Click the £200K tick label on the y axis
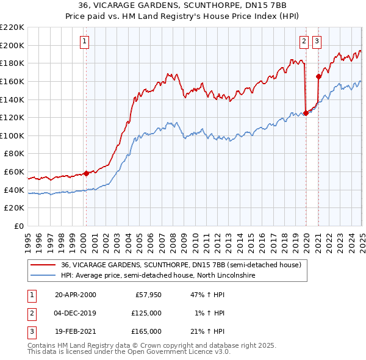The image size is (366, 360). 13,45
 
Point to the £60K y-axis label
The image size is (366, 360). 15,172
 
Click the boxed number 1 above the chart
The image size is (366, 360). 85,41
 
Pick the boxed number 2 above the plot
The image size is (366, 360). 304,41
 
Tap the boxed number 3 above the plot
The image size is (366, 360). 317,41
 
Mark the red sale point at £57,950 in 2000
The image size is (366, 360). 86,173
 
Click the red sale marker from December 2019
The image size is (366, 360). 305,112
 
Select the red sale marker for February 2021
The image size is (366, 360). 318,76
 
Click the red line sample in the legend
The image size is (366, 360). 43,265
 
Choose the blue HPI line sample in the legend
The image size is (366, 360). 43,276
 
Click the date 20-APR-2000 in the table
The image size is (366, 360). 76,295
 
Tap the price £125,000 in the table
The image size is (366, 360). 147,313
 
